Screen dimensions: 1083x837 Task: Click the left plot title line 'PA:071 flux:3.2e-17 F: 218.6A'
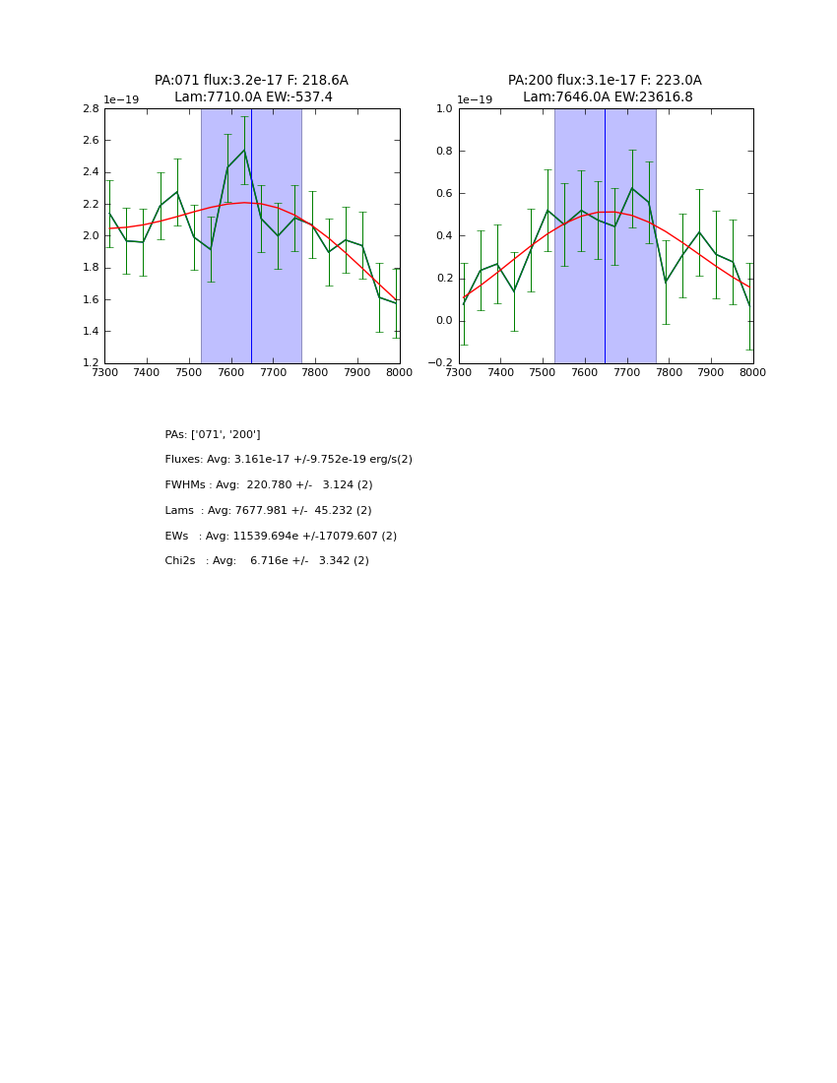point(251,81)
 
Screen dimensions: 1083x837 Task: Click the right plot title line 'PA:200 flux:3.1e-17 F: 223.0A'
point(605,81)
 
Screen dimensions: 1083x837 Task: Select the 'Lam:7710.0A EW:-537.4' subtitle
point(253,97)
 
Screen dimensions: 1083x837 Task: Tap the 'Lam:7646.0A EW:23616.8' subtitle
point(608,97)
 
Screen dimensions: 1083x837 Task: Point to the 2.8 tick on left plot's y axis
point(90,109)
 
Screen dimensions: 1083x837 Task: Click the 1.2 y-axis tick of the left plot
point(90,363)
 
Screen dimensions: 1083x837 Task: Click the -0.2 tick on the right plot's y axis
point(440,363)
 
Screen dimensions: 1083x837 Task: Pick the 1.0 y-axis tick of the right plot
point(444,109)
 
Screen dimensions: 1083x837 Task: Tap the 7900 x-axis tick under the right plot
point(711,373)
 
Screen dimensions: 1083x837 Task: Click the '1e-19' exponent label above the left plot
point(121,100)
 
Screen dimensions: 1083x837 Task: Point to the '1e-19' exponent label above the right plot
point(475,100)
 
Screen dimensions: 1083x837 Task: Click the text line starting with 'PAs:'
point(213,435)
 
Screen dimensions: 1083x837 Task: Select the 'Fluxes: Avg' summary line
point(289,460)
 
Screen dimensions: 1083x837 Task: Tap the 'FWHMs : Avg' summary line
point(269,485)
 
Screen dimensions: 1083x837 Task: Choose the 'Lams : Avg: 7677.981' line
point(268,511)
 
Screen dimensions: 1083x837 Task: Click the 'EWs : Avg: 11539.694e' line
point(281,537)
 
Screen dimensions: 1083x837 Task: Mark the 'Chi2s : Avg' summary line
point(267,561)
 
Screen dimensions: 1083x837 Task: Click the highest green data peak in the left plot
point(244,151)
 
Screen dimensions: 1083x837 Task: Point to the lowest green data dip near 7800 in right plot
point(666,282)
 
